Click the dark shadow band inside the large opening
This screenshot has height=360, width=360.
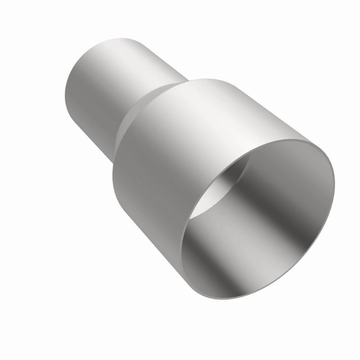pyautogui.click(x=252, y=211)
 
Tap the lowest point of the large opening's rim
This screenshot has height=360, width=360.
pyautogui.click(x=216, y=297)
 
